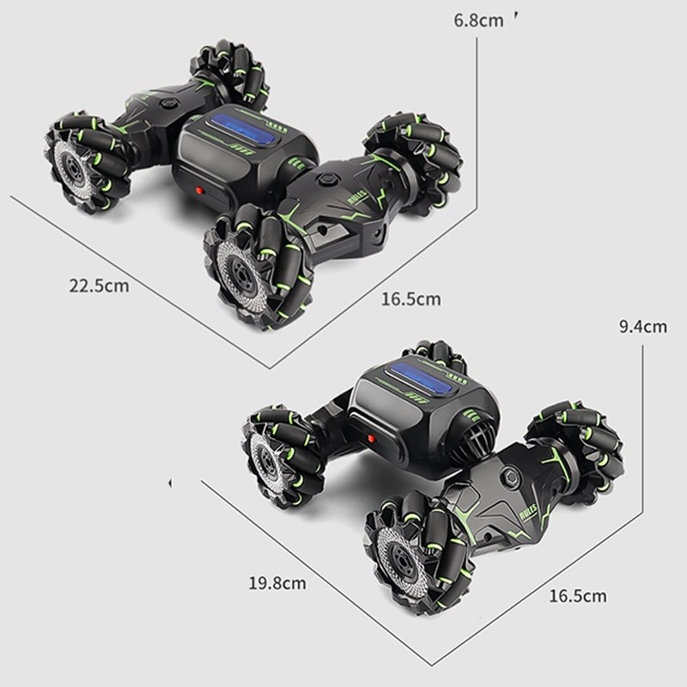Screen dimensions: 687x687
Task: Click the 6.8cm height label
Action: click(x=478, y=20)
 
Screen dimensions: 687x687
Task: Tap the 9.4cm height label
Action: click(x=642, y=326)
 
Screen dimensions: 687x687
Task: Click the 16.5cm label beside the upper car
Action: click(x=410, y=299)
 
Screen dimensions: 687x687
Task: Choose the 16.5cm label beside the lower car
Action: click(x=577, y=595)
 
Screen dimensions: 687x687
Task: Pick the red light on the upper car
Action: click(x=199, y=190)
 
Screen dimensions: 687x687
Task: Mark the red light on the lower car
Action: click(x=372, y=438)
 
